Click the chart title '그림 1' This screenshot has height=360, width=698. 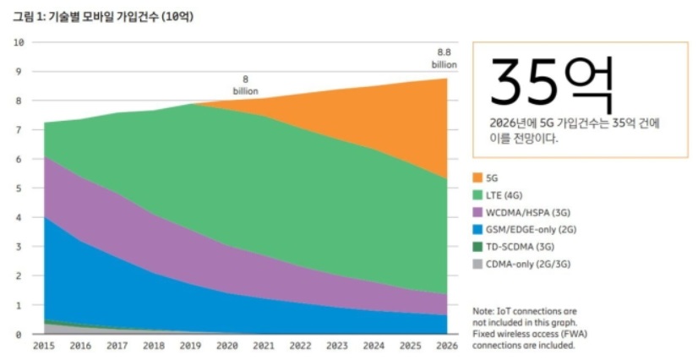31,16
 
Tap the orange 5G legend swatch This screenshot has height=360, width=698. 478,178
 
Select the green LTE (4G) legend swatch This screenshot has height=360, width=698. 478,195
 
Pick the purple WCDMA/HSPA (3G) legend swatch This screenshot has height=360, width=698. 478,212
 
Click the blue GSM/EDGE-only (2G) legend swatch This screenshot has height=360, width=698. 478,229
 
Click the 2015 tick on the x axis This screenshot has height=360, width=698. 44,346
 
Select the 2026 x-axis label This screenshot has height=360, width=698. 445,346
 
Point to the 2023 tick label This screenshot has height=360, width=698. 337,346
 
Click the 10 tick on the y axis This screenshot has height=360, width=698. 19,42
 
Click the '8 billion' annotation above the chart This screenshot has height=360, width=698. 246,85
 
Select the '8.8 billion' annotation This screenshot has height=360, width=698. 444,57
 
